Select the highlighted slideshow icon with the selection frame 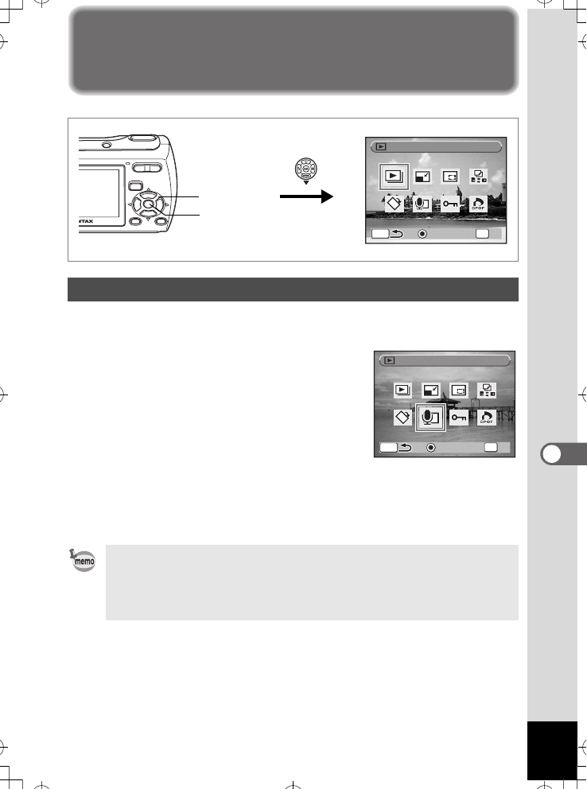coord(393,177)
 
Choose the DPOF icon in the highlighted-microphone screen coord(485,418)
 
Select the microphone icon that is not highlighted coord(422,204)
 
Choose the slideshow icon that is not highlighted coord(403,390)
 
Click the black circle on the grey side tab coord(551,455)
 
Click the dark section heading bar coord(293,290)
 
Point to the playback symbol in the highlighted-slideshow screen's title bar coord(379,147)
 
